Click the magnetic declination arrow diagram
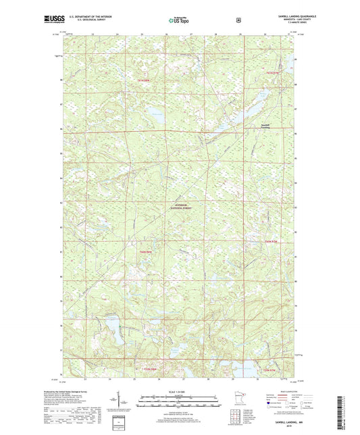click(130, 404)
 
